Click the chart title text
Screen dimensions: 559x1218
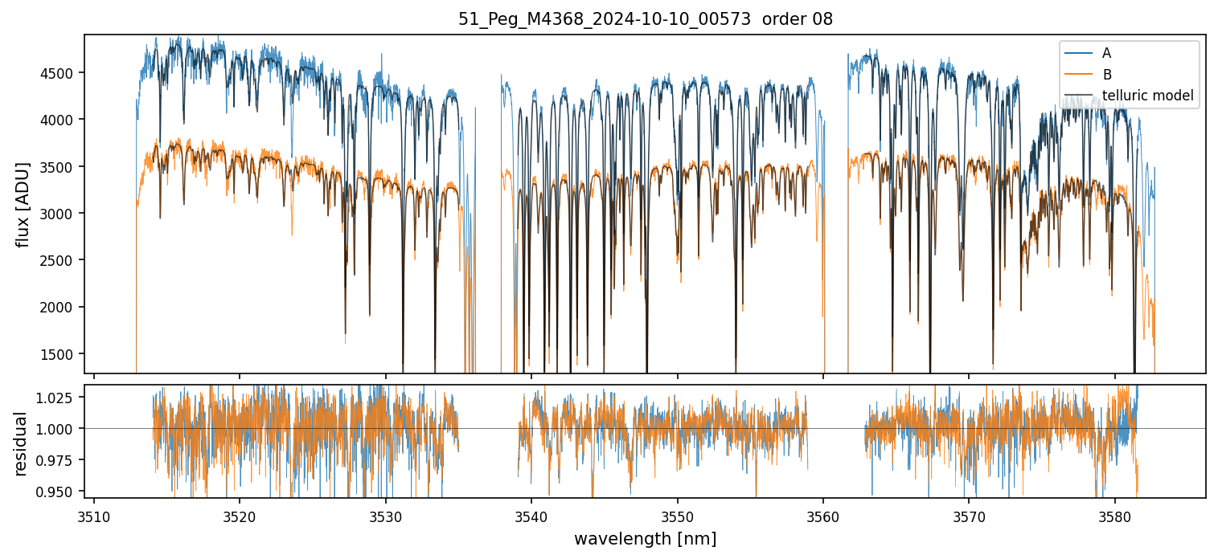(x=645, y=19)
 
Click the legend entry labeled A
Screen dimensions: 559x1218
(x=1107, y=53)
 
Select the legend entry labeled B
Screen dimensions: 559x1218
(x=1107, y=75)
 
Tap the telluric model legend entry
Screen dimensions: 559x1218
(x=1147, y=96)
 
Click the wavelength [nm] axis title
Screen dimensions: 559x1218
(x=645, y=539)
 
